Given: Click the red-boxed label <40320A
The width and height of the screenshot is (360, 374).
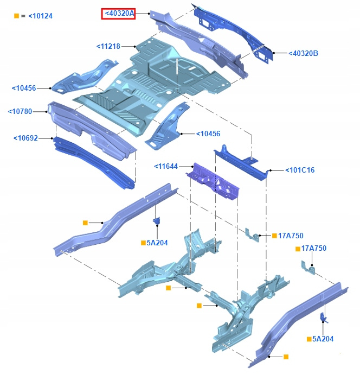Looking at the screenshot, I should [118, 14].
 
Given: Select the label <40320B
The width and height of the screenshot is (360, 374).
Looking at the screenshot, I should [303, 53].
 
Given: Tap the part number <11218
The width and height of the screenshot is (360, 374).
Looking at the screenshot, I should [108, 47].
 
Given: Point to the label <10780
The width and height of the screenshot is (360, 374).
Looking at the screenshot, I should [20, 112].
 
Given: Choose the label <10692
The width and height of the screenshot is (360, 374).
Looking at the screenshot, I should [25, 138].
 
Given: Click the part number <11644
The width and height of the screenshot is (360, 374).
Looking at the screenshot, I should [166, 166].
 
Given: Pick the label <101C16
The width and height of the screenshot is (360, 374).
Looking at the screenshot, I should [300, 170].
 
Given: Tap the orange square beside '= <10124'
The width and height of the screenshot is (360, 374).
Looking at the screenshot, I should [16, 16].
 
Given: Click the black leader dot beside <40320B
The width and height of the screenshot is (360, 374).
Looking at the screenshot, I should [275, 53].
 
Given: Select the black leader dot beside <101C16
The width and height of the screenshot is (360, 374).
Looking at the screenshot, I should [269, 170].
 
